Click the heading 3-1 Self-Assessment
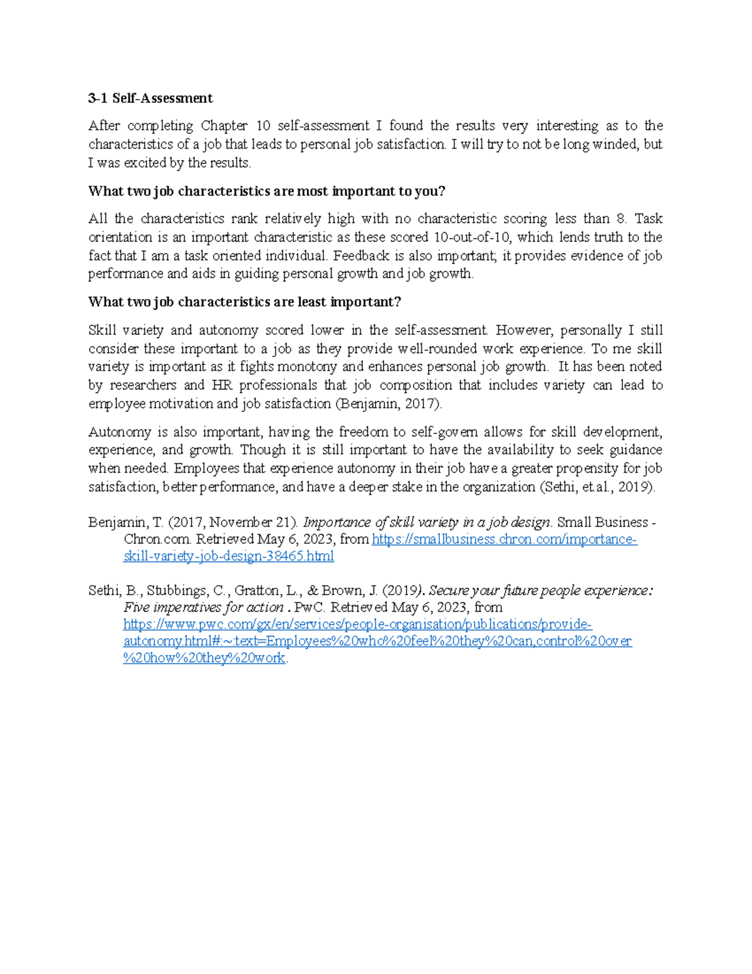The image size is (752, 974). point(150,98)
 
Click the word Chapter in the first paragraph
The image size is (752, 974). point(224,125)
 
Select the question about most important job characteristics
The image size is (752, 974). point(266,191)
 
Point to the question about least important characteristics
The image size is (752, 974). point(244,302)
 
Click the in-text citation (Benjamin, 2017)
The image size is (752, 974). point(389,403)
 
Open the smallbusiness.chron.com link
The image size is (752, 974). point(504,539)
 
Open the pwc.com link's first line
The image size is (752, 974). point(357,624)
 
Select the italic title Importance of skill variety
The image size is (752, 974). point(426,522)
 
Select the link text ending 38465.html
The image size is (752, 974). point(229,556)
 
